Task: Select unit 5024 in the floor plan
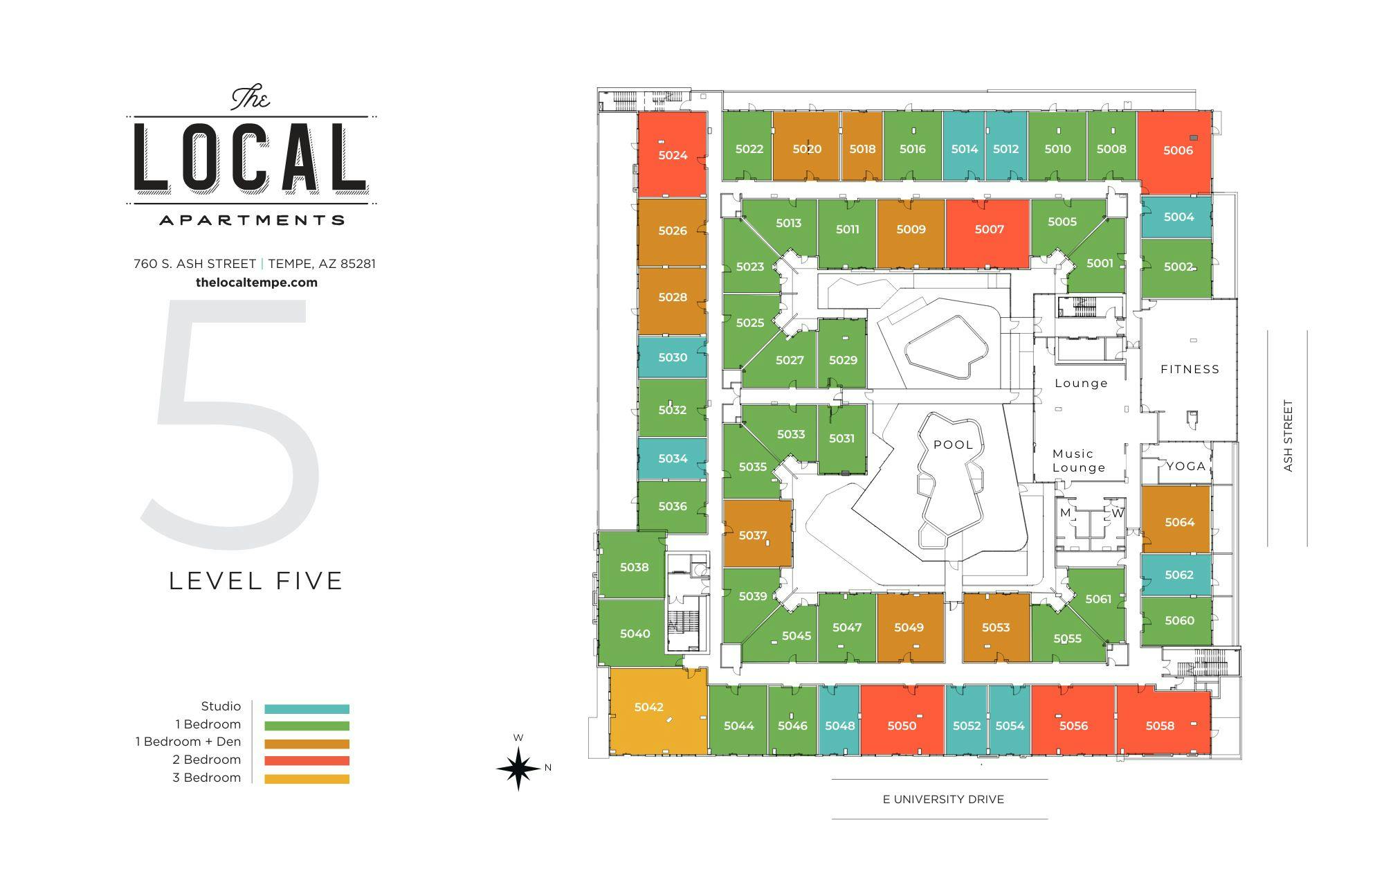coord(672,155)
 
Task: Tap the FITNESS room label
coord(1190,369)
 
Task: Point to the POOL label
coord(953,445)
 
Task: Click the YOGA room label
coord(1186,466)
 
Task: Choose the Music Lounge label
coord(1078,460)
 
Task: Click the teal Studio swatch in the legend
coord(307,709)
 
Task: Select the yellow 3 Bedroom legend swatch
coord(307,779)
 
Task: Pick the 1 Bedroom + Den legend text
coord(188,742)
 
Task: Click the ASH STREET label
coord(1288,436)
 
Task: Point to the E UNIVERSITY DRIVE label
coord(943,799)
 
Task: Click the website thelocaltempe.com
coord(257,283)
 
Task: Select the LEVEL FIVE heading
coord(256,580)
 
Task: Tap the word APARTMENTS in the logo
coord(252,220)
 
